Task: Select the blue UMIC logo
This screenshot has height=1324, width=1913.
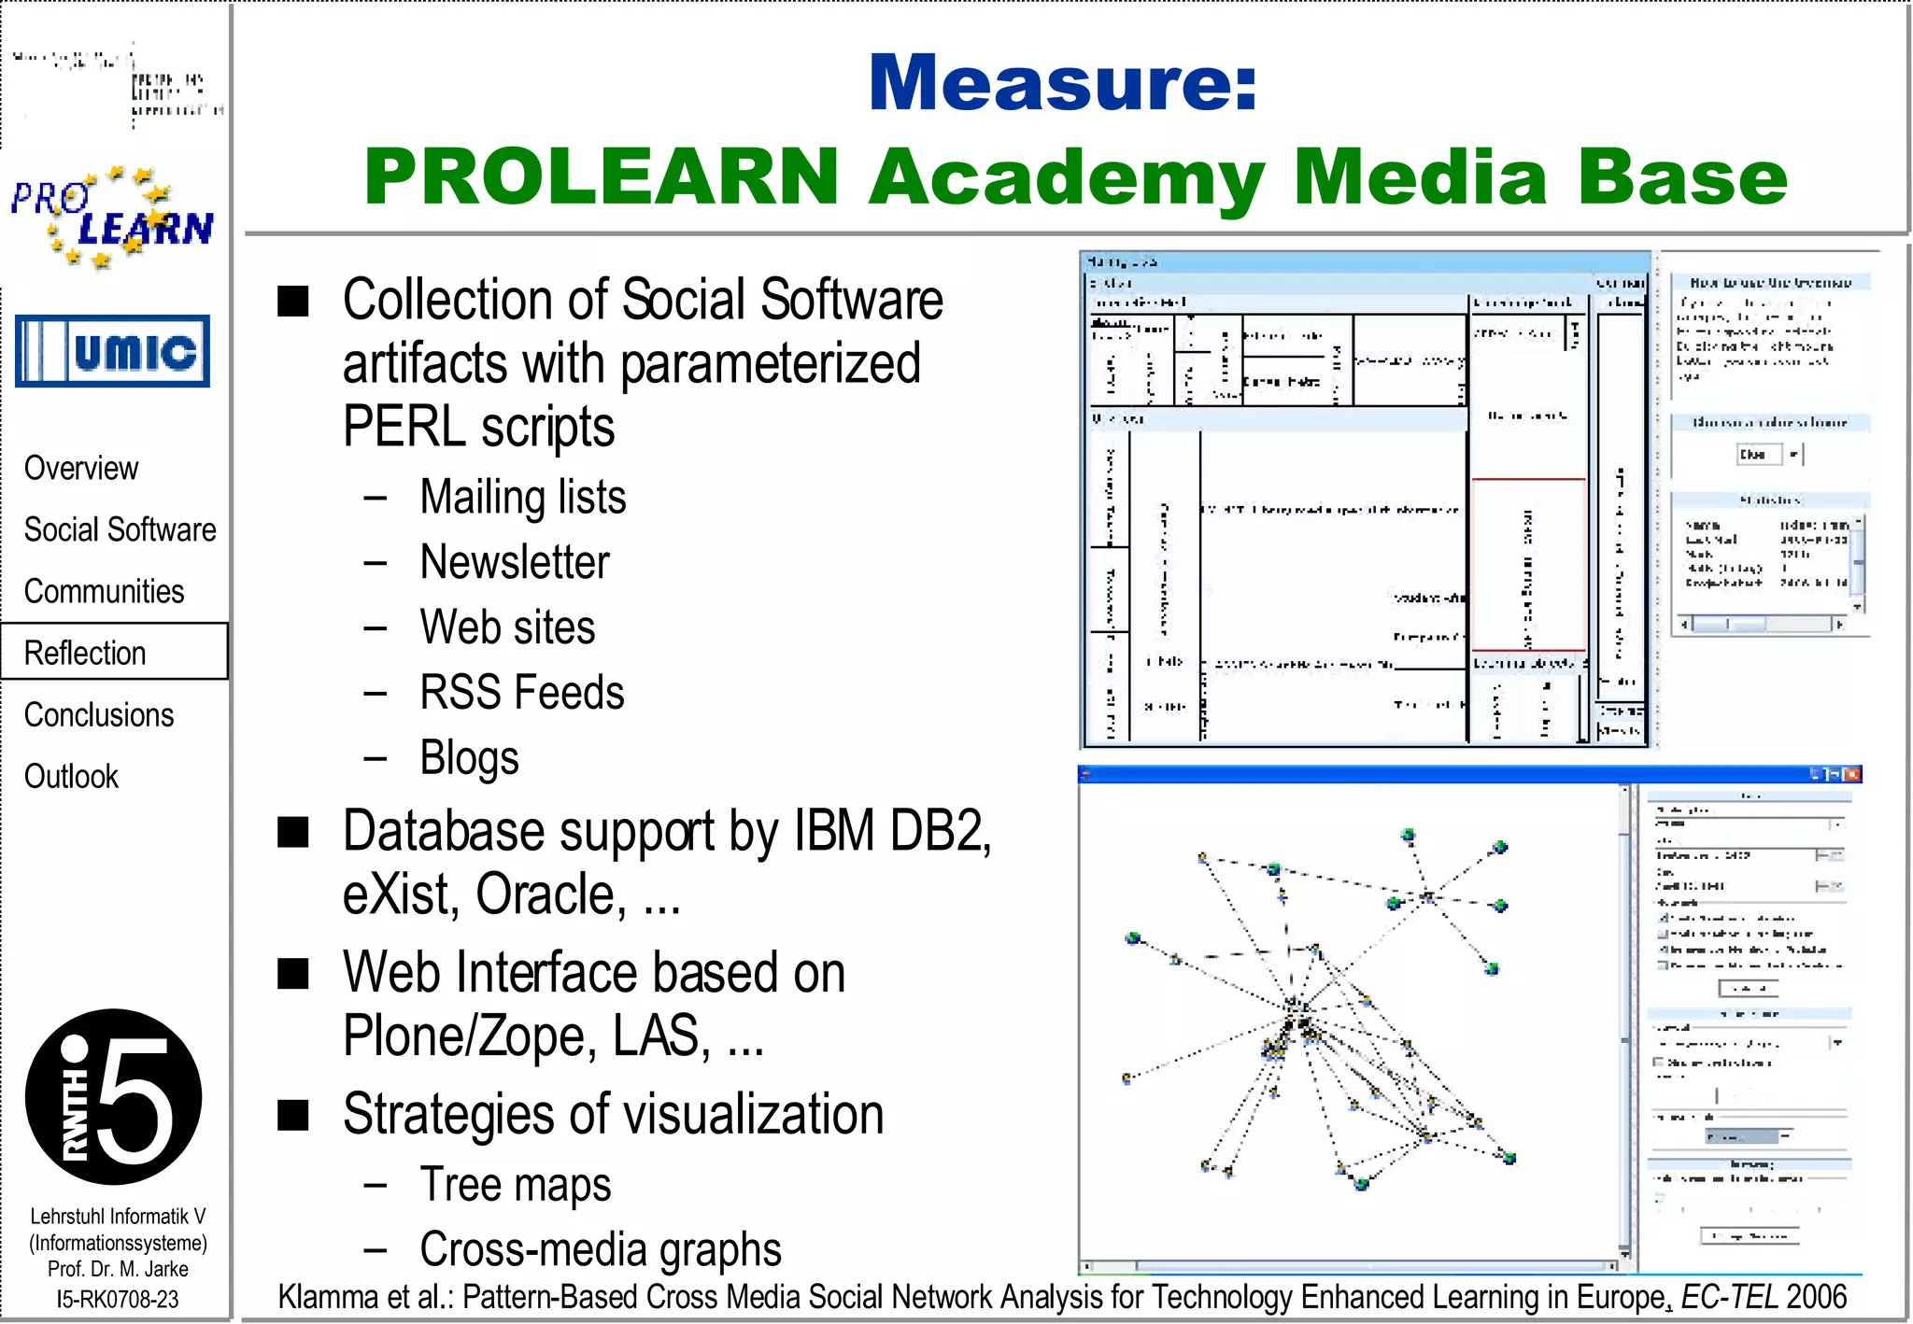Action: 112,351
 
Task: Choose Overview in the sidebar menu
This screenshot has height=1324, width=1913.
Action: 81,468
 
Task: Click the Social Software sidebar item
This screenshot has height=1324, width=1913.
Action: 120,529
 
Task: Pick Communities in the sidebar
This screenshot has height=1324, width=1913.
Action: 104,591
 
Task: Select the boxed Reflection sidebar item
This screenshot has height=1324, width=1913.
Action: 86,653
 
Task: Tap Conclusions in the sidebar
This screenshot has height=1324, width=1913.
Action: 99,714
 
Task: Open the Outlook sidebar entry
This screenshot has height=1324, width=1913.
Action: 71,776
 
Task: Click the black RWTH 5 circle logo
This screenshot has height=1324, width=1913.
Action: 113,1096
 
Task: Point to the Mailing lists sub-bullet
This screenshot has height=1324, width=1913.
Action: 522,497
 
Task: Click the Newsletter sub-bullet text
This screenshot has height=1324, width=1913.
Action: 515,562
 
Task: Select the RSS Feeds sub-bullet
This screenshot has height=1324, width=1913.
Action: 521,693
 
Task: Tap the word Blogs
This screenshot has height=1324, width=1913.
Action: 469,758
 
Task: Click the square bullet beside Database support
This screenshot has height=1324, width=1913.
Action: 293,831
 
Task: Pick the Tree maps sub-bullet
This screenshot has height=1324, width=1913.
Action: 515,1184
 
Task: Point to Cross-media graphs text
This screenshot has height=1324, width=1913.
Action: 600,1249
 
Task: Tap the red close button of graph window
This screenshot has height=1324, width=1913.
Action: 1853,774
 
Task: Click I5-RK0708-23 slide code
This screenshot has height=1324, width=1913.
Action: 117,1299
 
